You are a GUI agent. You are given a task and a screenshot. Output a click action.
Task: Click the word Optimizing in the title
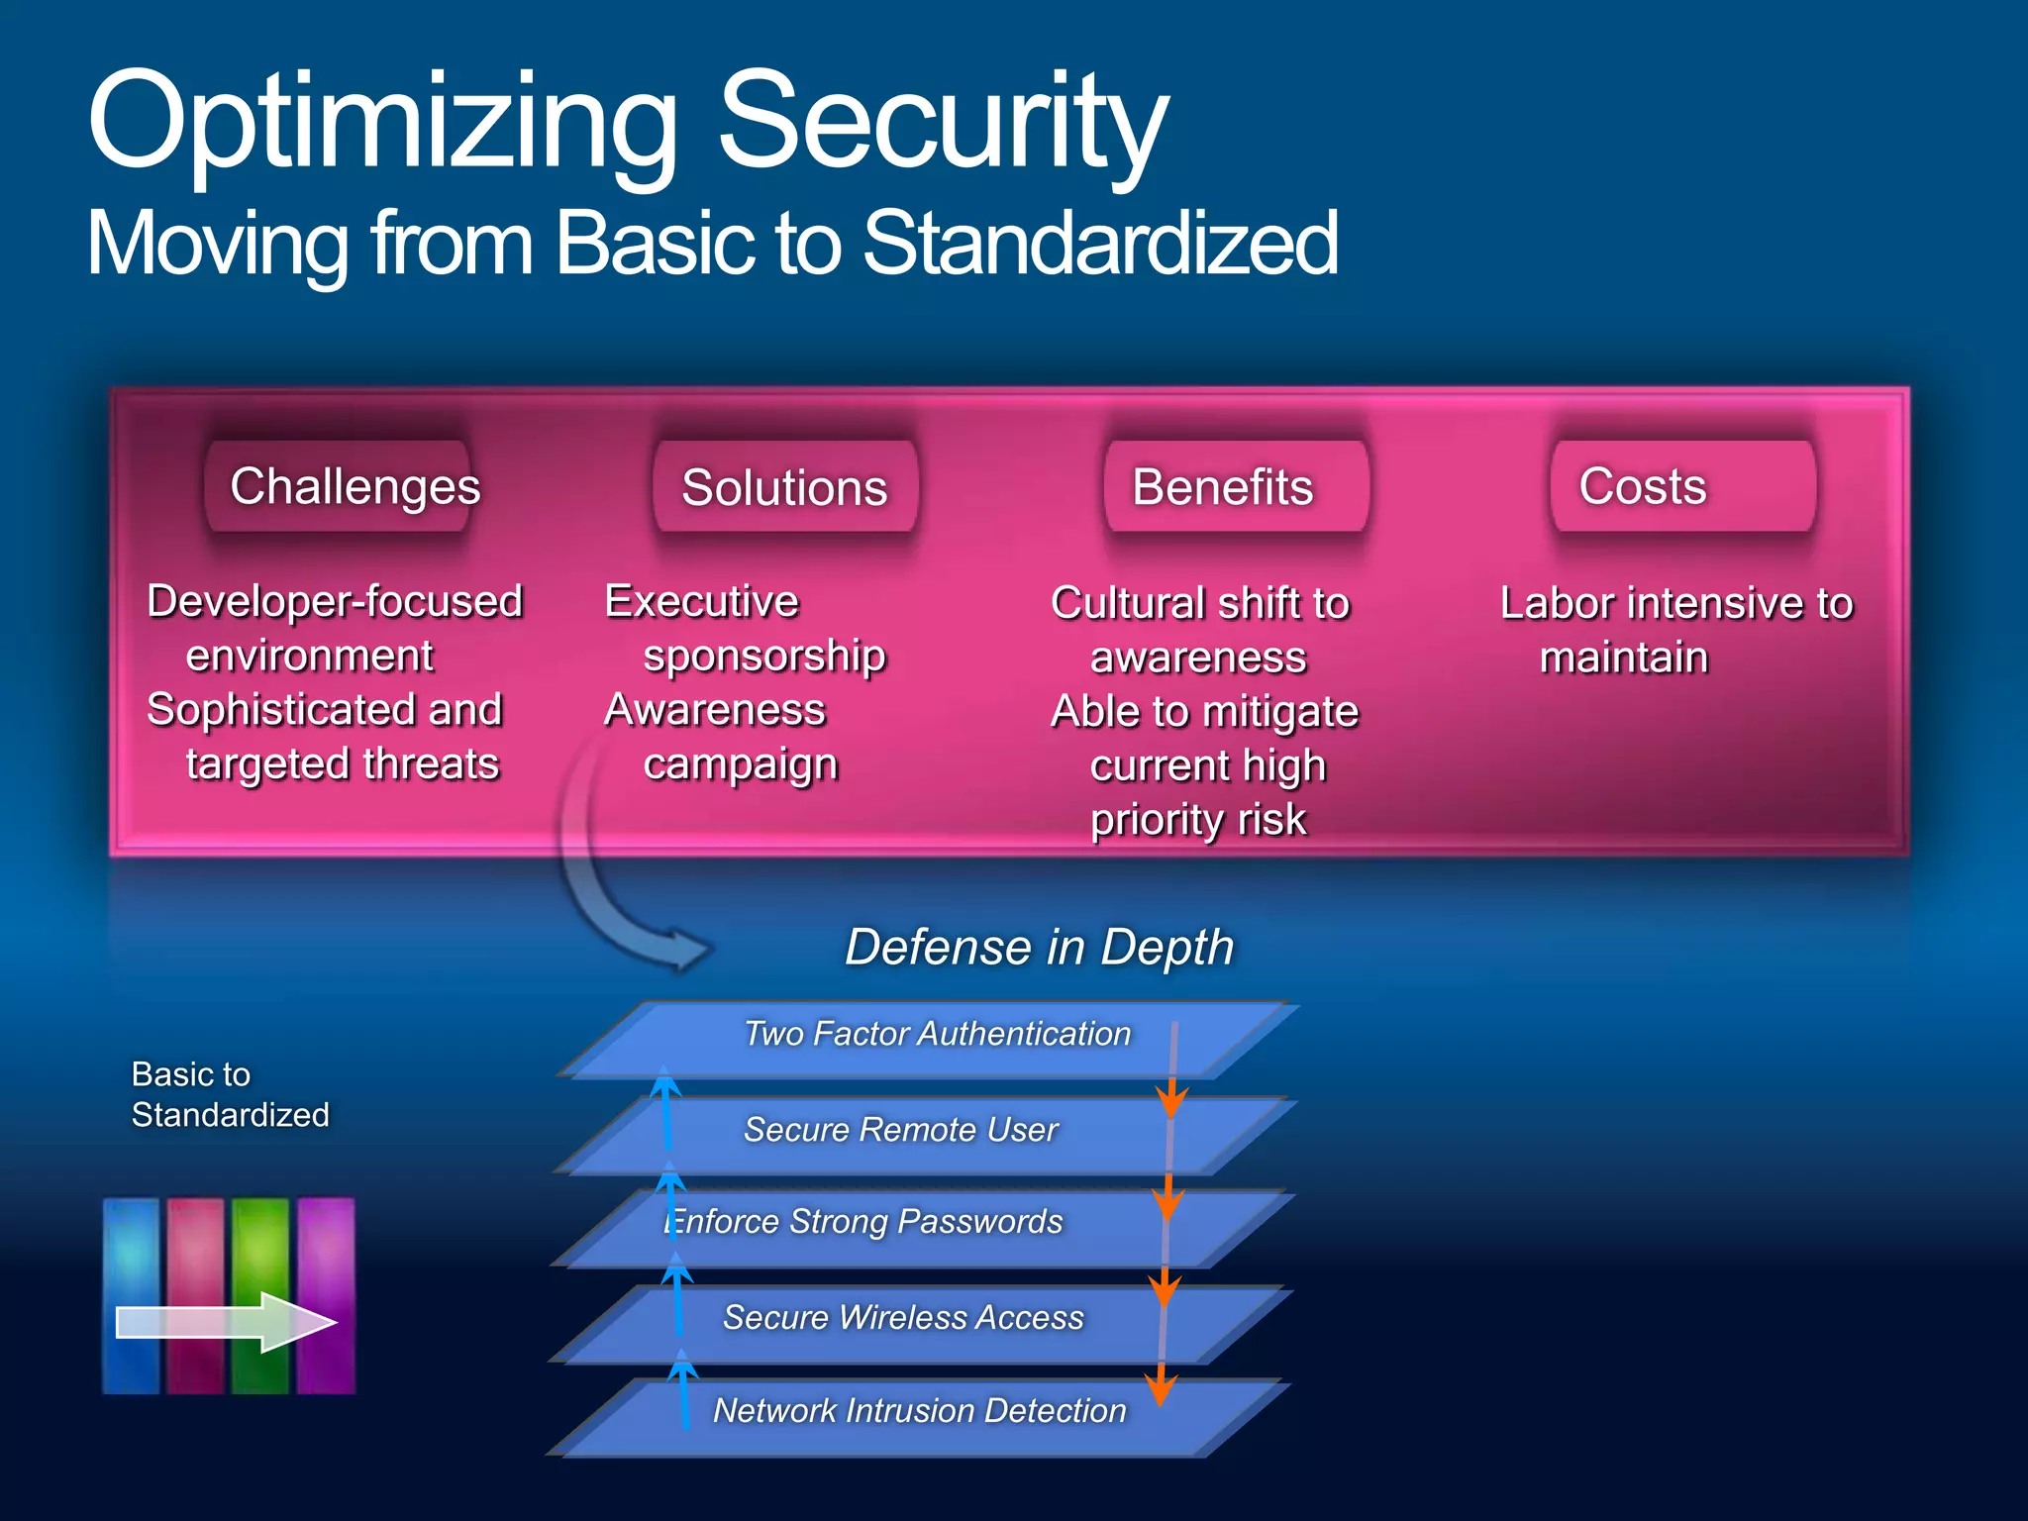click(x=381, y=124)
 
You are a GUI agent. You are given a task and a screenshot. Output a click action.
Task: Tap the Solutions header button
click(x=784, y=487)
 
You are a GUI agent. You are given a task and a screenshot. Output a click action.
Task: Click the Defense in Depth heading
click(x=1039, y=947)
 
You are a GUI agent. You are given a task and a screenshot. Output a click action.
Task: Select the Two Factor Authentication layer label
click(x=937, y=1034)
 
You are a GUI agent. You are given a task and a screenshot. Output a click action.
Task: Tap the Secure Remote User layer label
click(x=900, y=1130)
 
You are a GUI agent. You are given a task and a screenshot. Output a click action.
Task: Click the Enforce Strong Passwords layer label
click(x=864, y=1222)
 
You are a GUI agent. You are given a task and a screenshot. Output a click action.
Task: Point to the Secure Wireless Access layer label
click(x=902, y=1318)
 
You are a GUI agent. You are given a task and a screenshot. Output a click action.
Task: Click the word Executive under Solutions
click(x=701, y=601)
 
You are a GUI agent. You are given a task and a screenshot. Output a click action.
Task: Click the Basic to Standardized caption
click(x=230, y=1094)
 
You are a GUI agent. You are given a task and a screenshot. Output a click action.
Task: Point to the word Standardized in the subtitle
click(x=1099, y=244)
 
